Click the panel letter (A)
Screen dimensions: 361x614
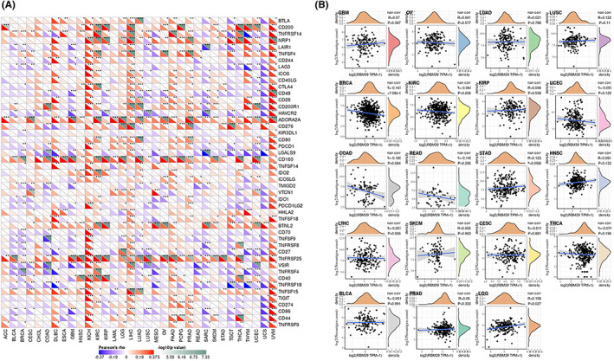point(9,5)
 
